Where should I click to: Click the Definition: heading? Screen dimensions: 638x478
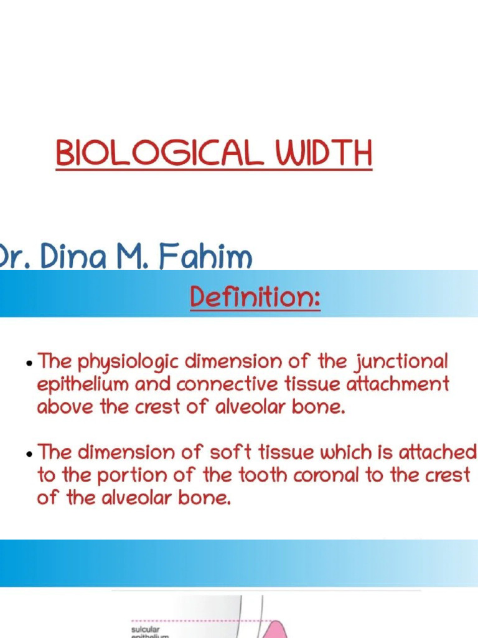[255, 298]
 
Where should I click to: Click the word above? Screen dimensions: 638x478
[60, 407]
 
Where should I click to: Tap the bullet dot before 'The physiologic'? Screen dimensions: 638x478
[30, 363]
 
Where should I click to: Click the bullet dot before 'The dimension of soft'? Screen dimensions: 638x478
[30, 454]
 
